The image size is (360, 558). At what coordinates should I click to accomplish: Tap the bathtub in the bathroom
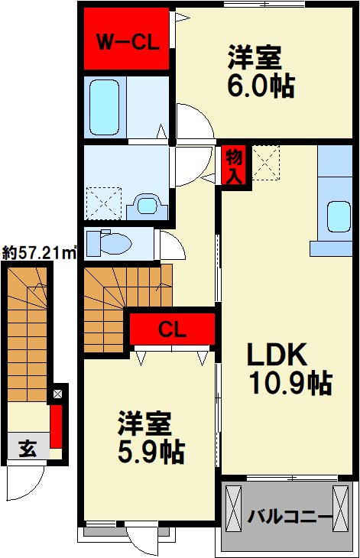pos(104,107)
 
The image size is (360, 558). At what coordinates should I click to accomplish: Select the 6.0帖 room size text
pos(261,86)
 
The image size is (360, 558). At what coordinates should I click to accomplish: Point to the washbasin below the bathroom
pos(147,206)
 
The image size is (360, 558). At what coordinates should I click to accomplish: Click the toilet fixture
pos(109,243)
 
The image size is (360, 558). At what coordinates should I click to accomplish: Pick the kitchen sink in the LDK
pos(339,217)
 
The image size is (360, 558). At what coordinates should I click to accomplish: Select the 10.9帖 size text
pos(290,383)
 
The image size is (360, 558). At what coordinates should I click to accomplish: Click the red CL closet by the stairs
pos(173,329)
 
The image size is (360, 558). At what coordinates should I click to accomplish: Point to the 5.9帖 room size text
pos(151,452)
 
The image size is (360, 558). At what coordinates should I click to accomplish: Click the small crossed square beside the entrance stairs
pos(57,394)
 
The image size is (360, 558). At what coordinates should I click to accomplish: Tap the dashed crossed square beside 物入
pos(266,163)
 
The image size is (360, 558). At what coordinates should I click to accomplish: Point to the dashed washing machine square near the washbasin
pos(104,203)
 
